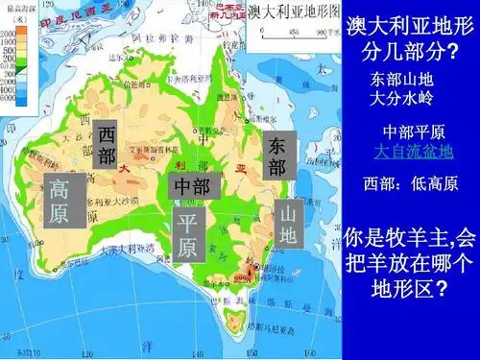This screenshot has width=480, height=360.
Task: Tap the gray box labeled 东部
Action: [276, 156]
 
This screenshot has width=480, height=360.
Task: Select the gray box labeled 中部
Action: [195, 186]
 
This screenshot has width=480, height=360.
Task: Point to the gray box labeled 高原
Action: [59, 201]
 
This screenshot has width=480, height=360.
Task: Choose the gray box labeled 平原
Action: [187, 237]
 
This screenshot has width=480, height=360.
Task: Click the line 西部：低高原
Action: [411, 183]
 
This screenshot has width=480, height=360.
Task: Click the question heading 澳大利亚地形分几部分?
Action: [413, 35]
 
